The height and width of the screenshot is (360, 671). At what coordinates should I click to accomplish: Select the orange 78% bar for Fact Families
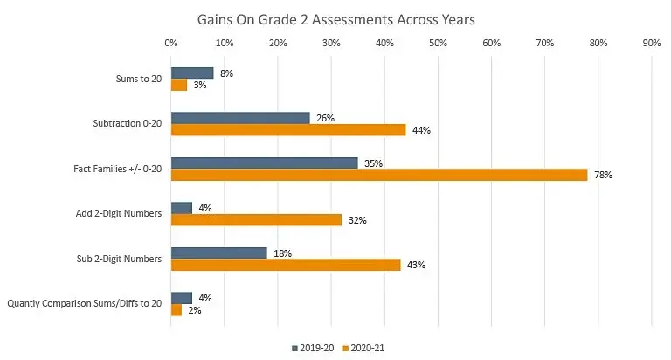(379, 175)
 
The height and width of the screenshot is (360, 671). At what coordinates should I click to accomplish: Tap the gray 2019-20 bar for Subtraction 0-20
(240, 117)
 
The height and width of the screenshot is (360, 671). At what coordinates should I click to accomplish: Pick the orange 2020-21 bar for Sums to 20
(179, 85)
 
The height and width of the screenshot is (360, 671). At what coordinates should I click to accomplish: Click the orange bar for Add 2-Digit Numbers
(256, 220)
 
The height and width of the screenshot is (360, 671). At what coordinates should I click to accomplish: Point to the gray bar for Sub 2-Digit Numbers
(218, 253)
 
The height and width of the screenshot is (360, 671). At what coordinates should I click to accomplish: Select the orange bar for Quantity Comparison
(176, 310)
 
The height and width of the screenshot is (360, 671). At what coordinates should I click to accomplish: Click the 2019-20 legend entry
(313, 348)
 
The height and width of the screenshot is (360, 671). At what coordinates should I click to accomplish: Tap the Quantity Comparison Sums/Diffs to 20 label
(85, 304)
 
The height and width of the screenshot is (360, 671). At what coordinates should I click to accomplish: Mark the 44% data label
(422, 130)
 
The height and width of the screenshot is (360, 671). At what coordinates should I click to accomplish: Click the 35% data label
(374, 163)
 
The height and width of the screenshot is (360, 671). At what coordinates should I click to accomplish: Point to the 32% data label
(358, 220)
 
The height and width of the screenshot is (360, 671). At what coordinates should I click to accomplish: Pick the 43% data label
(417, 265)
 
